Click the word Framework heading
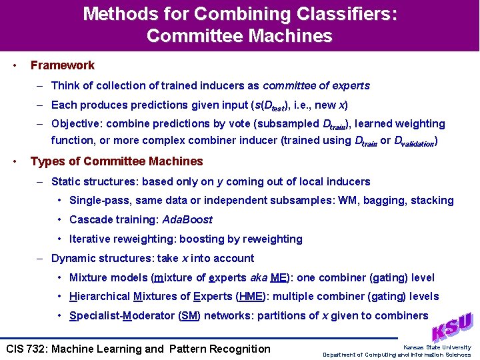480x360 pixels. [63, 65]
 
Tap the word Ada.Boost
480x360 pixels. [187, 219]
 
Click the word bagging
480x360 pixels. [381, 200]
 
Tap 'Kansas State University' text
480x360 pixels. [437, 347]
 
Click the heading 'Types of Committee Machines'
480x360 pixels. [117, 161]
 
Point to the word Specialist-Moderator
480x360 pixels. [123, 315]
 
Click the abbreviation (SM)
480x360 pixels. [190, 315]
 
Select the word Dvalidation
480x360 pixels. [416, 141]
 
